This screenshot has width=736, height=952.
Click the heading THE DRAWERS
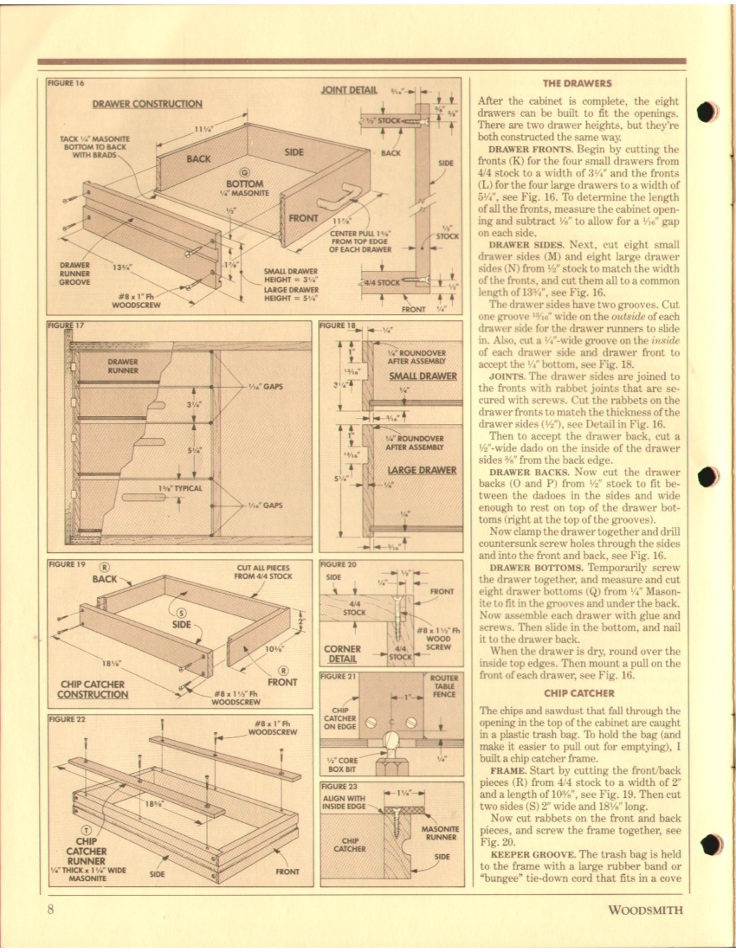point(577,84)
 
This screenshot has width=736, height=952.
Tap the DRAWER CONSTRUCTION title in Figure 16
point(147,104)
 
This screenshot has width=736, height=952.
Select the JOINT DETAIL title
point(349,89)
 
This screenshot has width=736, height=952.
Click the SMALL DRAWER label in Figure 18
point(422,376)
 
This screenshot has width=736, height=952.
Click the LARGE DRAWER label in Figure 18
point(422,470)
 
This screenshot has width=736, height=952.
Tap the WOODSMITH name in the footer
point(645,910)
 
